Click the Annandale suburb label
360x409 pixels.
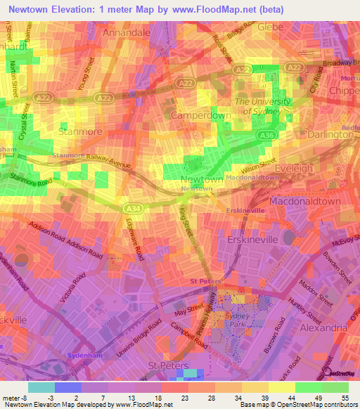point(127,32)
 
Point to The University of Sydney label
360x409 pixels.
point(262,105)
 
